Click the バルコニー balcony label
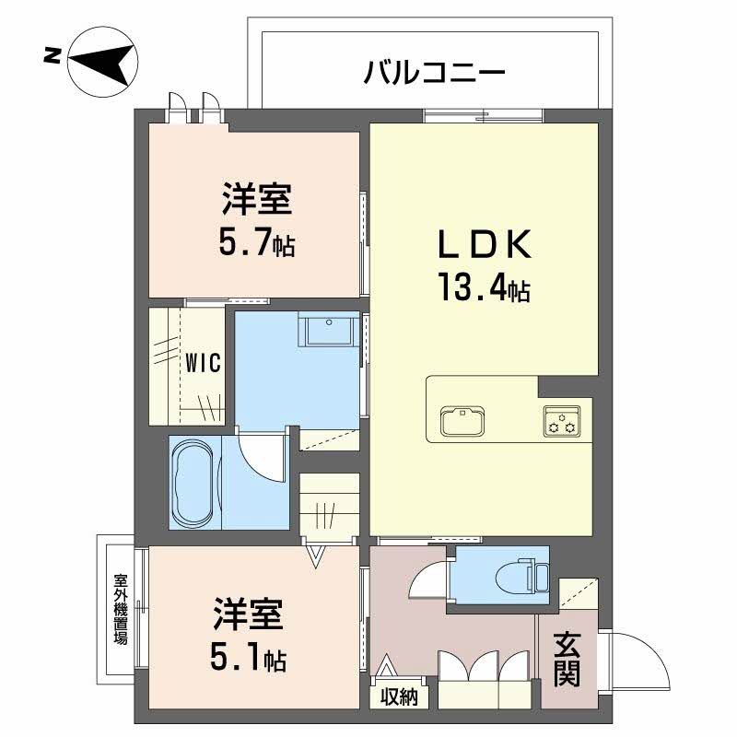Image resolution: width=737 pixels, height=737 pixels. click(435, 73)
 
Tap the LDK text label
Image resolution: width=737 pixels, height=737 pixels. click(485, 244)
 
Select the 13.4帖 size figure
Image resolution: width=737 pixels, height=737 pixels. click(485, 287)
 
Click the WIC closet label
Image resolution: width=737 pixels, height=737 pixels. click(203, 363)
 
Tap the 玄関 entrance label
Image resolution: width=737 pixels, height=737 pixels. click(567, 660)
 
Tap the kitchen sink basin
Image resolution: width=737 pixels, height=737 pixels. click(462, 419)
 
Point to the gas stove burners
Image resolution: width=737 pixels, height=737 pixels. click(562, 421)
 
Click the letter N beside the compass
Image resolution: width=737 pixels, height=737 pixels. click(52, 55)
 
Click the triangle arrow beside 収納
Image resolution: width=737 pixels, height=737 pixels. click(386, 665)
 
